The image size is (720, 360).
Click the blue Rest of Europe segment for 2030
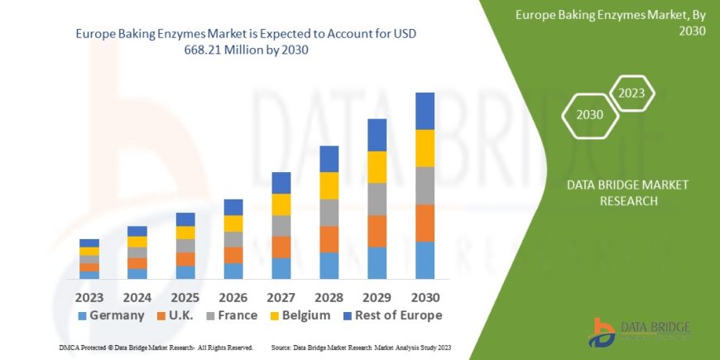tap(425, 111)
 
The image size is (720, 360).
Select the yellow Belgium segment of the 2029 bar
tap(377, 167)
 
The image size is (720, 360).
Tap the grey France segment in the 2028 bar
tap(329, 213)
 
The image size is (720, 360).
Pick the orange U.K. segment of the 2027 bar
tap(281, 247)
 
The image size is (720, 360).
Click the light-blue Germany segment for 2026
tap(233, 271)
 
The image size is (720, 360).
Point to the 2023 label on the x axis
tap(89, 296)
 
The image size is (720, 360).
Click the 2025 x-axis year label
tap(185, 296)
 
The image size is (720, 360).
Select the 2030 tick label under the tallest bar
tap(425, 296)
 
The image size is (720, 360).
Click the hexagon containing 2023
tap(631, 94)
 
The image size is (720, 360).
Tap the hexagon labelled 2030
tap(588, 116)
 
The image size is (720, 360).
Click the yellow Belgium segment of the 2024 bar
tap(137, 242)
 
